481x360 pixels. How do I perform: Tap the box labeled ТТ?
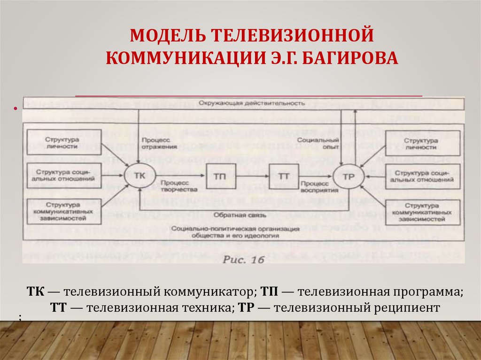tap(283, 176)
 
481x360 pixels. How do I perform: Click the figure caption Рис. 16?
tap(243, 259)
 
